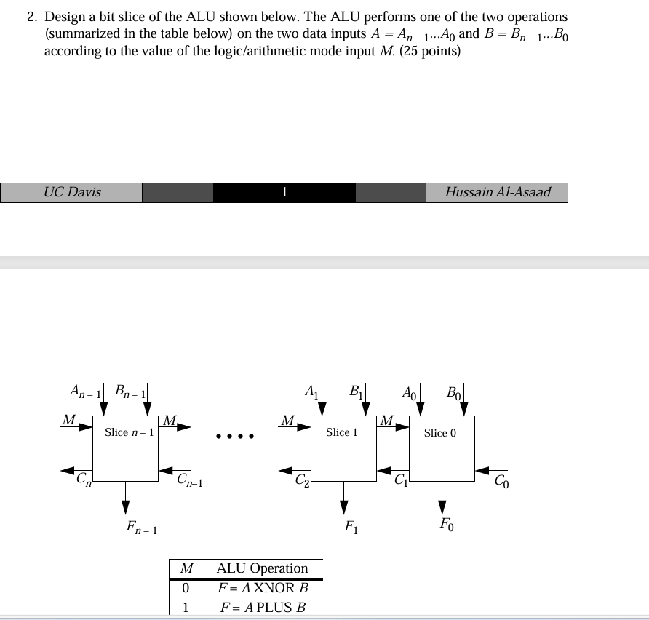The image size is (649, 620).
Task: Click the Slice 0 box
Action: pyautogui.click(x=442, y=448)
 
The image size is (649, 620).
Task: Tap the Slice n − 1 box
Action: pyautogui.click(x=125, y=448)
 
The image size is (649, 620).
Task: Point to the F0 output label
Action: pyautogui.click(x=446, y=523)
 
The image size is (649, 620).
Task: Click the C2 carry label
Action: pyautogui.click(x=302, y=480)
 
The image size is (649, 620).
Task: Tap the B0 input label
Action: pyautogui.click(x=453, y=393)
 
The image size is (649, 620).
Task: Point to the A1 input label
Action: pyautogui.click(x=311, y=392)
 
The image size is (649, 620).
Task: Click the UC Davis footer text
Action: pyautogui.click(x=72, y=193)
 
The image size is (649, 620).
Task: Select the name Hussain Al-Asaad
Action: pyautogui.click(x=498, y=193)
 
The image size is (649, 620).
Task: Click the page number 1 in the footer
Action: pyautogui.click(x=284, y=193)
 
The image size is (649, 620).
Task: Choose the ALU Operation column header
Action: pyautogui.click(x=262, y=568)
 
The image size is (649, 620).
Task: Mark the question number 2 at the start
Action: pyautogui.click(x=31, y=17)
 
